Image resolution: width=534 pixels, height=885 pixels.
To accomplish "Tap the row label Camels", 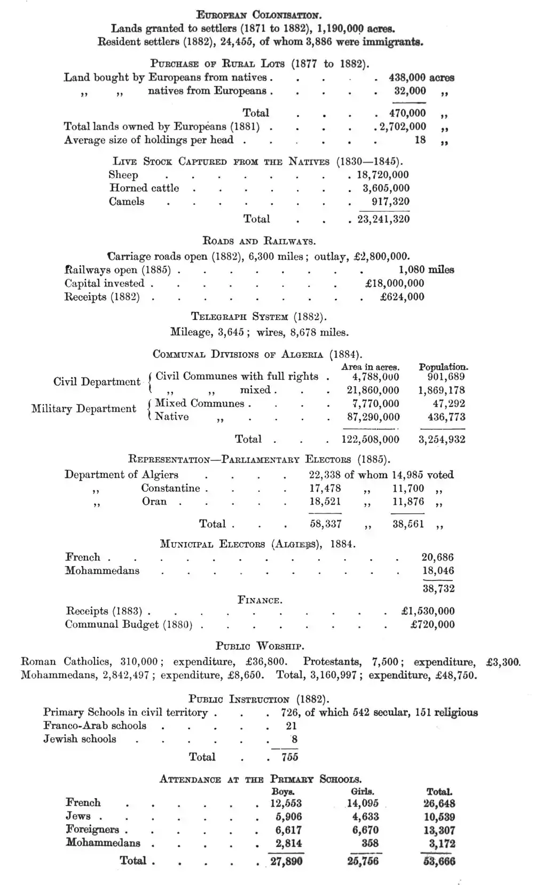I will pos(127,202).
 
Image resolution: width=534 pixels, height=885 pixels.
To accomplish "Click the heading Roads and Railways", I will pos(259,241).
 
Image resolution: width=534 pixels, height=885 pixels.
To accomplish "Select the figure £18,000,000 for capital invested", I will pos(395,283).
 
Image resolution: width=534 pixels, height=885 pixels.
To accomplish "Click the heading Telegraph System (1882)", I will pos(259,316).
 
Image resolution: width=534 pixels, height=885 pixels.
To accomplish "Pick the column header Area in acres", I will pos(370,367).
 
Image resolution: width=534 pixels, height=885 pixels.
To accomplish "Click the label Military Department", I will pos(84,409).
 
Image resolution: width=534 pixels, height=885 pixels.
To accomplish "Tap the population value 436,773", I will pos(446,417).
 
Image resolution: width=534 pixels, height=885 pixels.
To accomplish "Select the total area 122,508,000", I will pos(370,440).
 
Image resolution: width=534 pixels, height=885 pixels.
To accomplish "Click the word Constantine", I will pos(171,488).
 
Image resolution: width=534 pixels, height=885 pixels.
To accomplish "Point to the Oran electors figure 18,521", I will pos(325,502).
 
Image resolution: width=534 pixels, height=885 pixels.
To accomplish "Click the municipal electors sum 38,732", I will pos(438,588).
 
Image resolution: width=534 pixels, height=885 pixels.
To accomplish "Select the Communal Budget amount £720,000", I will pos(432,625).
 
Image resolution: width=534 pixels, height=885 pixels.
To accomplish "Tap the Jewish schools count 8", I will pos(294,739).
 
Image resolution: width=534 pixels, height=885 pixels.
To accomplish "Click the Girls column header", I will pos(362,792).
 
